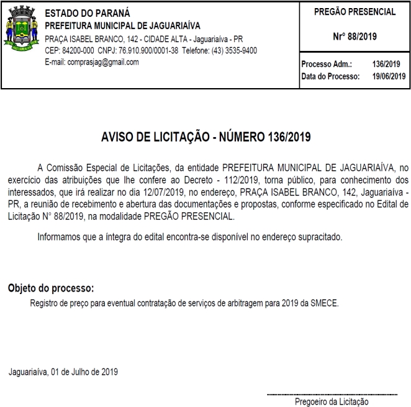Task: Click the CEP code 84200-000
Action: [x=70, y=51]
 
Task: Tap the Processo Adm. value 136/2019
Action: [x=386, y=65]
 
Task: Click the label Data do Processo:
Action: [x=330, y=76]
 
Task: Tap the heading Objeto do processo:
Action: [x=51, y=289]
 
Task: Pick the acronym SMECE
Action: [x=323, y=303]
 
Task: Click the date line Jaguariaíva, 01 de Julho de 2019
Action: [x=63, y=372]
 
